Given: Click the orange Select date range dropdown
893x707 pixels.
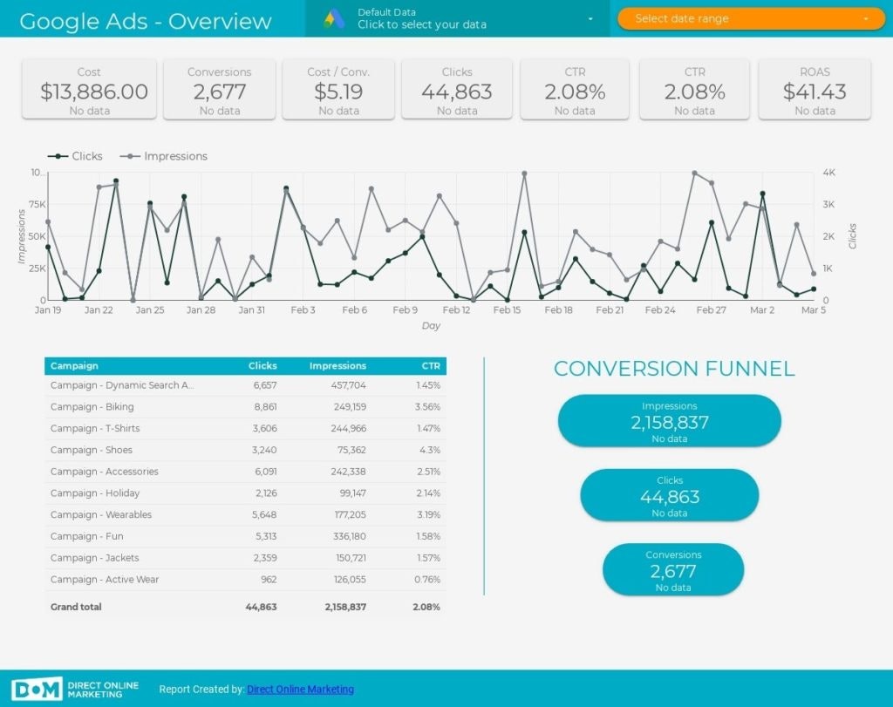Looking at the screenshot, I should click(751, 18).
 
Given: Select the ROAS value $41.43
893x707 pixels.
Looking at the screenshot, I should click(815, 92).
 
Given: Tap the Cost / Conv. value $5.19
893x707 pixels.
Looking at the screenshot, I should click(338, 92).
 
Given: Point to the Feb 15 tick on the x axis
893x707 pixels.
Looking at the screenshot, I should click(507, 309).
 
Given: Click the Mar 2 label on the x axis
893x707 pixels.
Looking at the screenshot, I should click(762, 309).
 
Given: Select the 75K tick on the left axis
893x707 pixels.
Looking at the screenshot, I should click(37, 205).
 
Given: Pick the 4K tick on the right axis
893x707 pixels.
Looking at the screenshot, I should click(829, 173).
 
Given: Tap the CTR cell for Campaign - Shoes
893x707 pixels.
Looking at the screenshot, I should click(429, 450).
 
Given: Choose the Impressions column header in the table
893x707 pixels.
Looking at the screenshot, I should click(337, 366).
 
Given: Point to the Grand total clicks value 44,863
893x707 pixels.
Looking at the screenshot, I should click(261, 607).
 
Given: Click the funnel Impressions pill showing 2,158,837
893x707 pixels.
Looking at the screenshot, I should click(669, 422).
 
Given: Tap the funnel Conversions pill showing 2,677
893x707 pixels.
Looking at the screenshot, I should click(672, 571).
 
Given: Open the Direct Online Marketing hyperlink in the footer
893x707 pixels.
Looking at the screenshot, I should click(300, 690).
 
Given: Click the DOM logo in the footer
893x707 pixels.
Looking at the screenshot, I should click(37, 689).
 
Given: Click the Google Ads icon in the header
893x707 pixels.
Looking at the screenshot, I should click(335, 18).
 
